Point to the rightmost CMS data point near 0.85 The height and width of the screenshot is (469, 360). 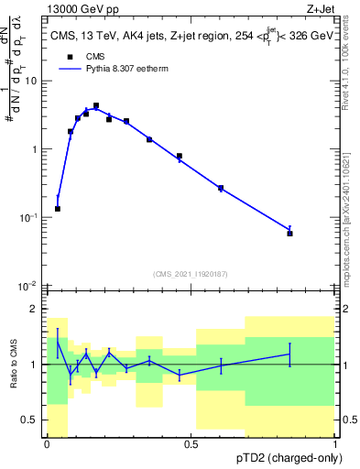(x=289, y=234)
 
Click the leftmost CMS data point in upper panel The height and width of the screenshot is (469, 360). (x=58, y=209)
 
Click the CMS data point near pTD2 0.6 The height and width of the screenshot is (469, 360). (x=221, y=189)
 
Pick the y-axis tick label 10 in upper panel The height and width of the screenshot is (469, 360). (x=31, y=81)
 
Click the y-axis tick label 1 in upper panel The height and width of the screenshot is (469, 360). (x=34, y=149)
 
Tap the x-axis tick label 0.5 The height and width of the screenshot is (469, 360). (x=191, y=446)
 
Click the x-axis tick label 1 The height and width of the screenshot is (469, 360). (x=335, y=446)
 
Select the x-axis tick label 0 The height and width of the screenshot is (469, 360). (x=47, y=446)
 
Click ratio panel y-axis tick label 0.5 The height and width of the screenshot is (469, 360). (x=29, y=420)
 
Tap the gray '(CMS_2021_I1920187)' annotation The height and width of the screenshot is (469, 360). (x=190, y=274)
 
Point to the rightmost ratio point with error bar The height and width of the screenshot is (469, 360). (x=289, y=354)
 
